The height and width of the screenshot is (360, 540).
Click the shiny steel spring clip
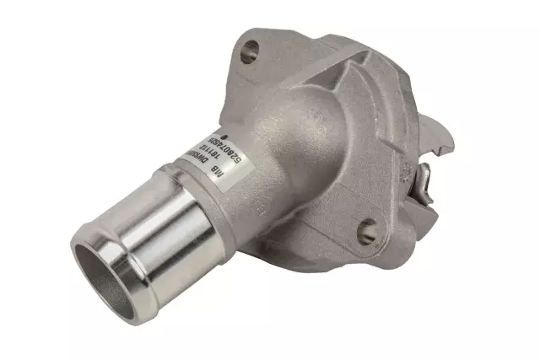pos(424,179)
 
